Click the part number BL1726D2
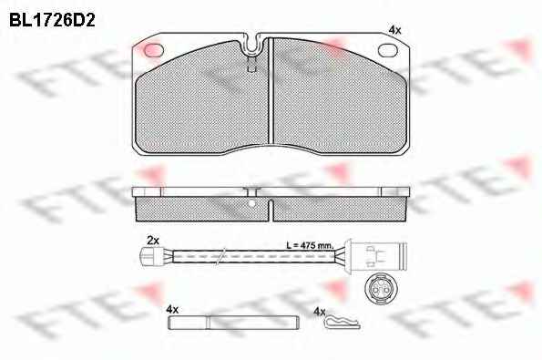click(52, 20)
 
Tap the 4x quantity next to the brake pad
click(394, 30)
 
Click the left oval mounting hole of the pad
click(153, 50)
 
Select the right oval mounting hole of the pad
click(389, 50)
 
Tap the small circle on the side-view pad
click(252, 203)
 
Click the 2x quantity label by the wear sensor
click(152, 241)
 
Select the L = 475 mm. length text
click(310, 245)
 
